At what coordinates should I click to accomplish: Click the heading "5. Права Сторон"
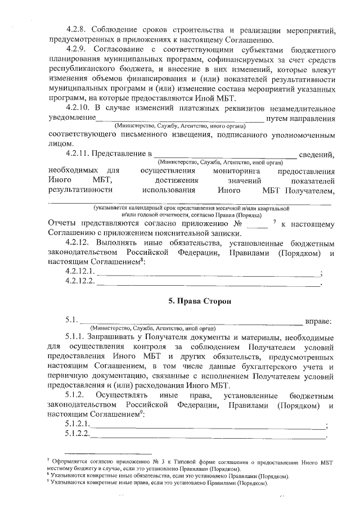pos(192,301)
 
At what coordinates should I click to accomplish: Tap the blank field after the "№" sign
pos(257,224)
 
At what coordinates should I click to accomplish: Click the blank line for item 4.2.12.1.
pos(207,273)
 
